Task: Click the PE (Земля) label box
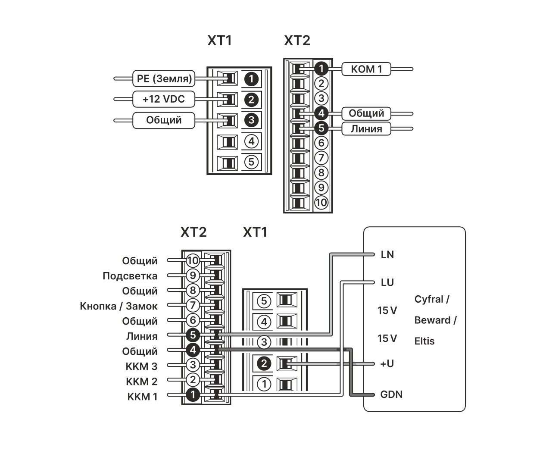[164, 78]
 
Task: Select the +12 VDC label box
[164, 99]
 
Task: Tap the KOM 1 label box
[366, 69]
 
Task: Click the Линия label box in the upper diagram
[366, 129]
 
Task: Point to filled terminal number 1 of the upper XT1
[251, 79]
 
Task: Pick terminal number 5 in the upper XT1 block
[251, 162]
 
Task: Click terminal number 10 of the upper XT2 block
[321, 202]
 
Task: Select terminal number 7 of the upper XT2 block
[321, 158]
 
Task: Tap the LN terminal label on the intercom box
[387, 255]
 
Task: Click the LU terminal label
[387, 283]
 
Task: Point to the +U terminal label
[387, 364]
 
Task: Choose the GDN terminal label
[391, 394]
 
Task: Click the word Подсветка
[130, 276]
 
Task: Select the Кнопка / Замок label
[119, 306]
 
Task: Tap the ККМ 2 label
[141, 382]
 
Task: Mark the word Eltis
[424, 341]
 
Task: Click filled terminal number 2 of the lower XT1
[264, 364]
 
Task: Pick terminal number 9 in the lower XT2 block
[193, 275]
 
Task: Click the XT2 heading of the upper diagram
[297, 41]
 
